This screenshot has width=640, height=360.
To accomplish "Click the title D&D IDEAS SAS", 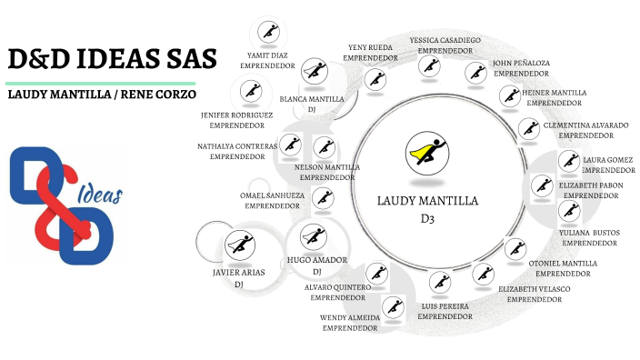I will coord(113,60).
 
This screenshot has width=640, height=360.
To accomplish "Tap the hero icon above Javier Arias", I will coord(240,243).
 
